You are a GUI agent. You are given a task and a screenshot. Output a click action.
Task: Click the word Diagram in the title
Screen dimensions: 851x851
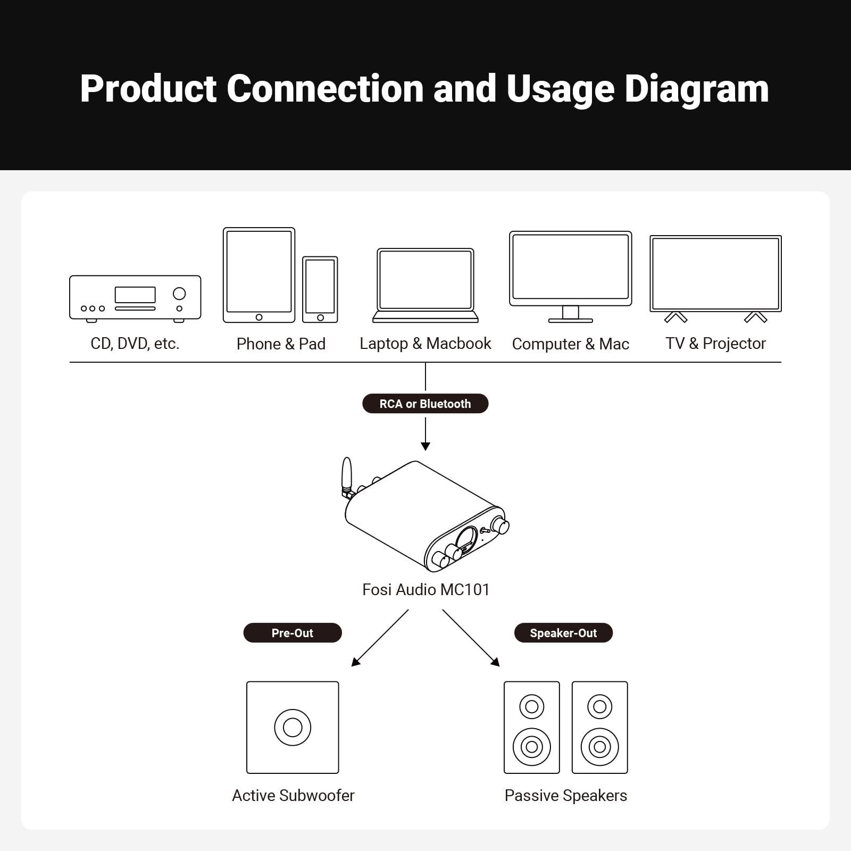[696, 89]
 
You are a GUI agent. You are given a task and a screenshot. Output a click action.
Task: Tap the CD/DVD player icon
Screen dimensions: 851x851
[135, 298]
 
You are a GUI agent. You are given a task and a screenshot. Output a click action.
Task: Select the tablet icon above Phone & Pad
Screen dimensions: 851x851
[259, 274]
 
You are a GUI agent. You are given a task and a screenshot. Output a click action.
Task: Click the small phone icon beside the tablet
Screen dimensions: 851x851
[320, 289]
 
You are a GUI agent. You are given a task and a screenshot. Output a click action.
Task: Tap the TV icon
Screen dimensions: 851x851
[715, 274]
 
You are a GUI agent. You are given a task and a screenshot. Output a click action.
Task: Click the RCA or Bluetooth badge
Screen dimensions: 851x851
[425, 404]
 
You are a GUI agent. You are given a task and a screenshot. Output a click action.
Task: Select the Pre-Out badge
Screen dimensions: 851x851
[293, 633]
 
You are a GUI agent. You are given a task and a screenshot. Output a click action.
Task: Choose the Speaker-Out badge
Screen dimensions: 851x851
[563, 633]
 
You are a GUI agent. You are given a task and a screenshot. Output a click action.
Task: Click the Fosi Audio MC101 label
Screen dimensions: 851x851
[425, 589]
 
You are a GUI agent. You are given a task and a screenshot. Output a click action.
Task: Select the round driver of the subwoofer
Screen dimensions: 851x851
[293, 727]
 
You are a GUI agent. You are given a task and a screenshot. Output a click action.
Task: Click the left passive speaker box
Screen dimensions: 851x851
[532, 727]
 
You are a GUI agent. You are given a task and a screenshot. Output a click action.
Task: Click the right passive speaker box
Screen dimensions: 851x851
[600, 727]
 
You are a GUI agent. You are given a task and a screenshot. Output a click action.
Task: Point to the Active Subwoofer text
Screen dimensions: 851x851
[293, 796]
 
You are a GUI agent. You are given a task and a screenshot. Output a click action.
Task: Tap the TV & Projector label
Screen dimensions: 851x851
[715, 344]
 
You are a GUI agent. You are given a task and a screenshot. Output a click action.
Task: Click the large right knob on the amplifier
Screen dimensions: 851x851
[500, 525]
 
